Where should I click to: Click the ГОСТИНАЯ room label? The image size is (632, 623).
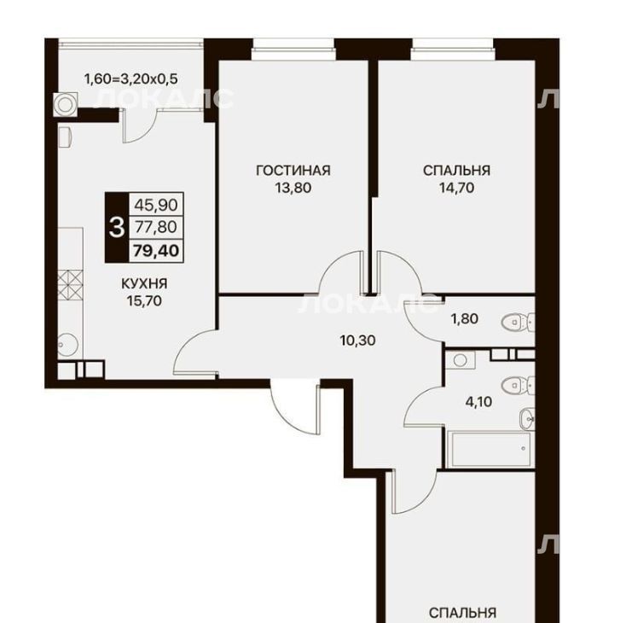[x=293, y=170]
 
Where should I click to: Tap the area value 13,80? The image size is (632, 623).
[x=293, y=188]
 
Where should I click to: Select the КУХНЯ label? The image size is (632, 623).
[x=144, y=283]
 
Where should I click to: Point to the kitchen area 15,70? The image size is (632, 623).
[x=144, y=300]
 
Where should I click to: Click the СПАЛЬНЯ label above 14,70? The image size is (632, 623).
[x=456, y=170]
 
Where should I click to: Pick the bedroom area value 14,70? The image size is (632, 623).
[x=456, y=188]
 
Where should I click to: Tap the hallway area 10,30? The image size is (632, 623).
[x=358, y=341]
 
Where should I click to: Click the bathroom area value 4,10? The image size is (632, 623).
[x=478, y=402]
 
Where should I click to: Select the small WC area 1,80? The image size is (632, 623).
[x=464, y=319]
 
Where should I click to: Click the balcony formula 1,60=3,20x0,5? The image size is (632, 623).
[x=130, y=79]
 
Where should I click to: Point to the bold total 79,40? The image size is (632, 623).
[x=156, y=251]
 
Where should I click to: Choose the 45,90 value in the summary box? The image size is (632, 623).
[x=156, y=205]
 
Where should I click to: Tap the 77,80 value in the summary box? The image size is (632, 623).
[x=156, y=227]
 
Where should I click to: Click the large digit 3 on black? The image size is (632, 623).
[x=117, y=228]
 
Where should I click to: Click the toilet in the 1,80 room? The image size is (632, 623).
[x=518, y=322]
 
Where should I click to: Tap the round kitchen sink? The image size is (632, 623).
[x=67, y=345]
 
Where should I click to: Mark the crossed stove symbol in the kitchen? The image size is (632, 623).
[x=71, y=285]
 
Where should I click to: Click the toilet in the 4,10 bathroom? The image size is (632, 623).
[x=518, y=386]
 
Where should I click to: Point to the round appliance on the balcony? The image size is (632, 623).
[x=65, y=104]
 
